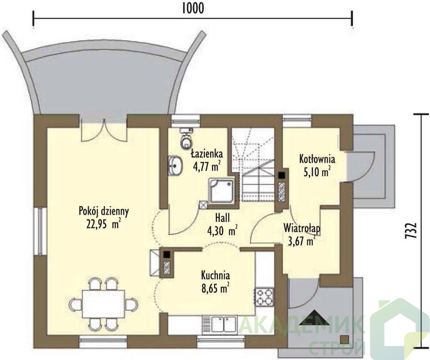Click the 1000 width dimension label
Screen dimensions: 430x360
click(x=193, y=9)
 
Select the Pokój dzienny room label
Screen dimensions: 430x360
click(x=104, y=211)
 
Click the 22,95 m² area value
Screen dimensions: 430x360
click(x=104, y=224)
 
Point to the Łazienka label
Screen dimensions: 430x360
click(x=207, y=154)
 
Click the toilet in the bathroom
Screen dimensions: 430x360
click(x=186, y=138)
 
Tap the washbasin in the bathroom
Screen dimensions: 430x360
click(x=175, y=166)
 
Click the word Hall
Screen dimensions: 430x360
click(x=222, y=218)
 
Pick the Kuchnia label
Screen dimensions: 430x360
click(x=216, y=275)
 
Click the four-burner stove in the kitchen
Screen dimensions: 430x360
click(x=265, y=297)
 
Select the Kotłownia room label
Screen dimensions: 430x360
click(x=317, y=159)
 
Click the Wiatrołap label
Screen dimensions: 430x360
click(x=302, y=228)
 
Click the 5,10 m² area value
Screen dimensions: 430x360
click(x=317, y=171)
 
